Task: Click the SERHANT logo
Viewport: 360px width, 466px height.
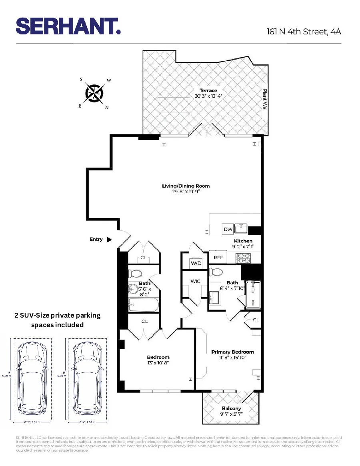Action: click(x=68, y=26)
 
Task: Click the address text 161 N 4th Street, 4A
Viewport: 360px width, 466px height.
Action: click(x=304, y=32)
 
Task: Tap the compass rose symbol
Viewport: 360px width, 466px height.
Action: click(x=94, y=93)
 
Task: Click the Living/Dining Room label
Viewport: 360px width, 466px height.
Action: click(x=186, y=186)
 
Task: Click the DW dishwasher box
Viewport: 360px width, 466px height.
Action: click(x=228, y=229)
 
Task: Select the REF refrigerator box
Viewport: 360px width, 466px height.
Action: click(x=218, y=258)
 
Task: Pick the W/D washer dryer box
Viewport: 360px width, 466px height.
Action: click(x=196, y=264)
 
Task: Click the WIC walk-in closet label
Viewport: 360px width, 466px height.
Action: click(x=195, y=281)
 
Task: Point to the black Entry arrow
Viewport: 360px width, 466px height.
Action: click(x=109, y=240)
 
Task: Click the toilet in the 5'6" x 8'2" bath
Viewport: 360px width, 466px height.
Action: click(x=135, y=274)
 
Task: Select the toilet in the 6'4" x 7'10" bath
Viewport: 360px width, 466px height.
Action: click(x=216, y=272)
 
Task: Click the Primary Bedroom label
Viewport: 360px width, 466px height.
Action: click(x=232, y=352)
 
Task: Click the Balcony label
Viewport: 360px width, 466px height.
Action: click(x=232, y=408)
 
